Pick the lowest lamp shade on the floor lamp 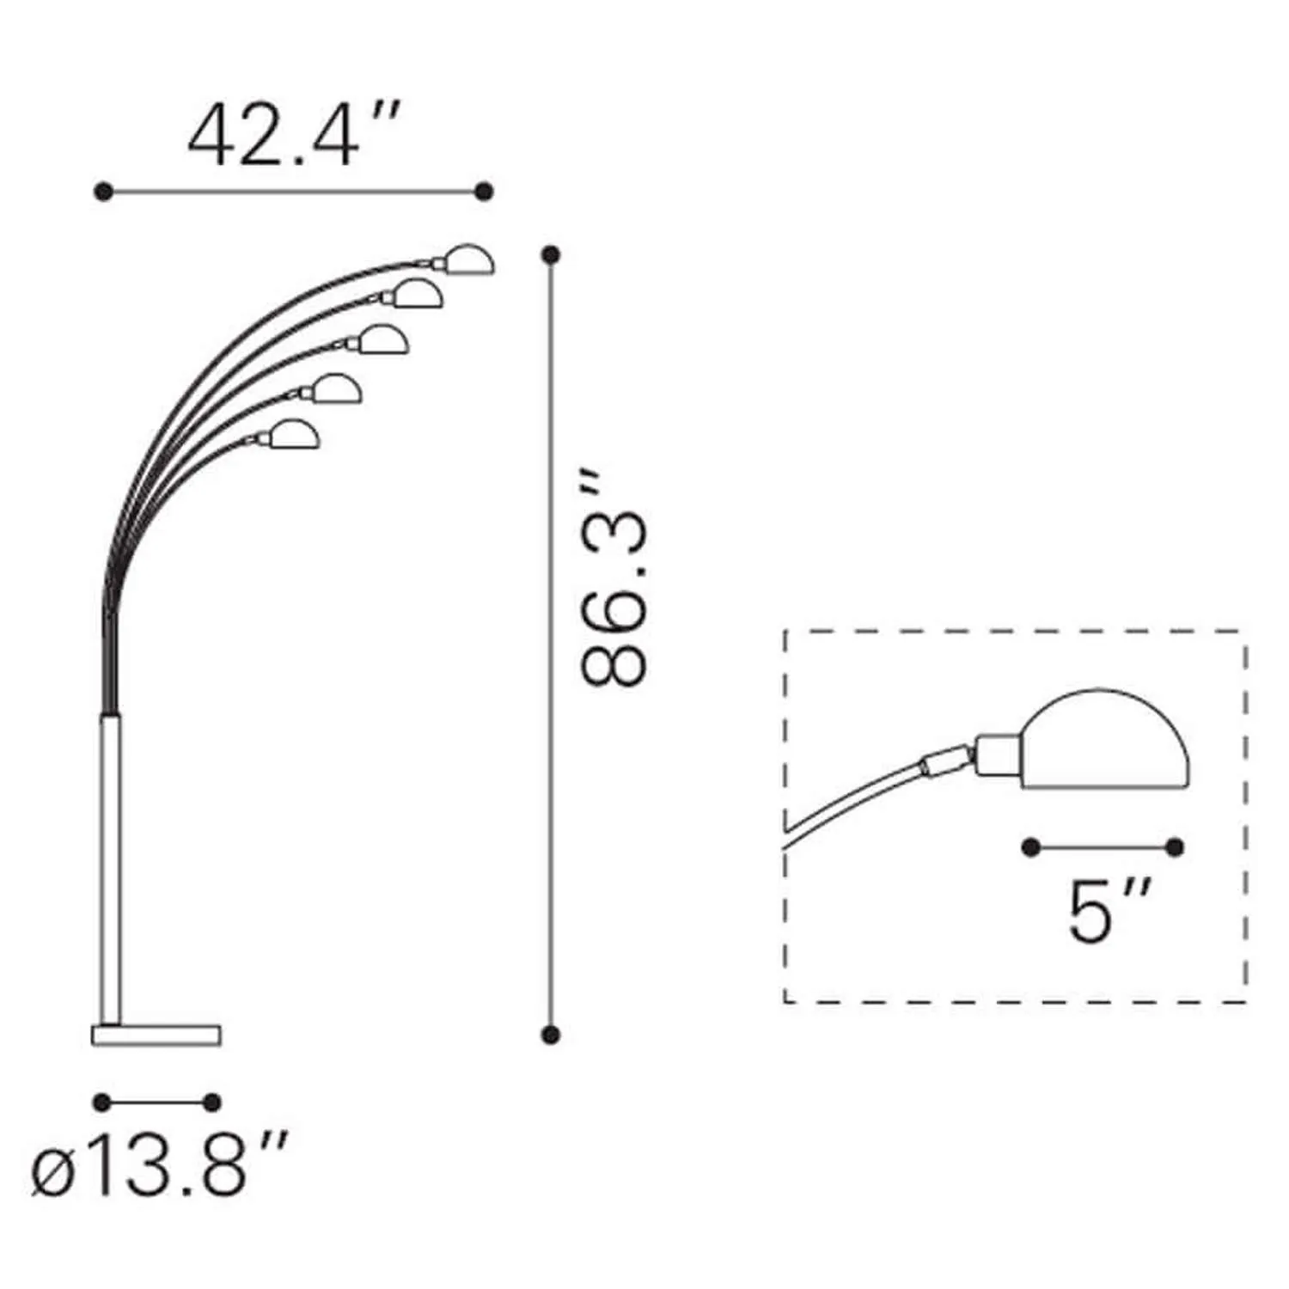[295, 434]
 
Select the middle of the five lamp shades [383, 339]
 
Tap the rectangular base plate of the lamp [156, 1035]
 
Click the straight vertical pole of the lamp [111, 868]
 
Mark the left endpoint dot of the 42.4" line [103, 192]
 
